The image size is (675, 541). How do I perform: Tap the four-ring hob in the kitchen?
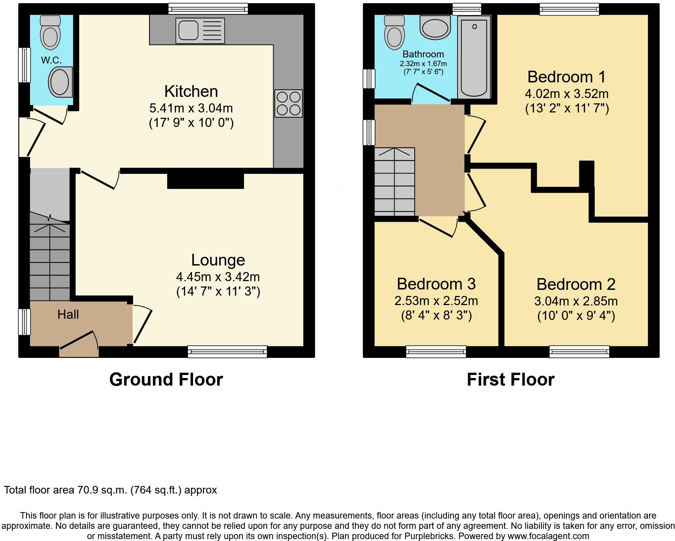(x=288, y=103)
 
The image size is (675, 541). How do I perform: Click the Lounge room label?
(x=218, y=260)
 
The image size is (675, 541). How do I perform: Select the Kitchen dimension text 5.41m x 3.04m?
(x=191, y=108)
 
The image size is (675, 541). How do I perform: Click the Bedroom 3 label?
(x=436, y=284)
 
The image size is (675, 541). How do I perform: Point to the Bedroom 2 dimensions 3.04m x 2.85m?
(x=576, y=301)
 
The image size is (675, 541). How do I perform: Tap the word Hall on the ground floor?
(x=68, y=315)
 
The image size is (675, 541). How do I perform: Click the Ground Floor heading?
(x=166, y=380)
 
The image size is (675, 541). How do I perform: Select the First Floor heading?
(x=510, y=380)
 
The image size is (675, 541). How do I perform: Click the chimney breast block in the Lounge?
(x=205, y=181)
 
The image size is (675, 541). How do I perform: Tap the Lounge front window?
(x=227, y=351)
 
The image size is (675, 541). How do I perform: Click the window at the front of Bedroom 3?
(x=436, y=351)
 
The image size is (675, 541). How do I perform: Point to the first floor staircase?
(x=394, y=182)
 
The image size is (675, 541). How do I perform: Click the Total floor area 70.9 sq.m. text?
(x=110, y=490)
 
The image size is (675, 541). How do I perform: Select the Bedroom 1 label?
(x=566, y=77)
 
